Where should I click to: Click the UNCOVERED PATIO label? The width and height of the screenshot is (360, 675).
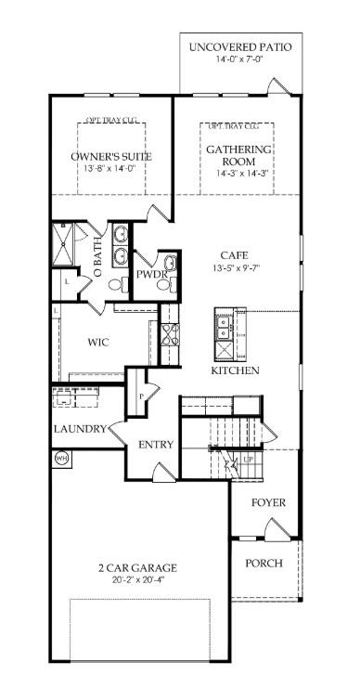pos(239,46)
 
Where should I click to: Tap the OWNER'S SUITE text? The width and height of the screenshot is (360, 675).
pos(111,156)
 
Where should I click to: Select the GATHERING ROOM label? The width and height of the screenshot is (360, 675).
pos(239,155)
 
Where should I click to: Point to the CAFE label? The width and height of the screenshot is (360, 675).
pos(232,255)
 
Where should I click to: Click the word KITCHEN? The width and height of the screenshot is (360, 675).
pos(235,370)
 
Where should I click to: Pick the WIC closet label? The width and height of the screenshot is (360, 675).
pos(98,342)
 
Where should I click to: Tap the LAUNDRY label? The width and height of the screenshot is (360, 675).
pos(79,429)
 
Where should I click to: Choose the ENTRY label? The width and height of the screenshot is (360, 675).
pos(156,445)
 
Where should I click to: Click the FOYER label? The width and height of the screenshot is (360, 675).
pos(269,503)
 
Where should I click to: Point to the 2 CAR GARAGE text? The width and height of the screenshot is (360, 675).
pos(137,567)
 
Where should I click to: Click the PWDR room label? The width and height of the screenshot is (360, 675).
pos(150,274)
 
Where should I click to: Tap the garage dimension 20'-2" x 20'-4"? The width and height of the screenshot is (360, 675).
pos(137,580)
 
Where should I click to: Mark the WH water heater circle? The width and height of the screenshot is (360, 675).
pos(62,458)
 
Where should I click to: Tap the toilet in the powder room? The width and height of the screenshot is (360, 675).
pos(164,286)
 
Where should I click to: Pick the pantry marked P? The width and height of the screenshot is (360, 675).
pos(140,395)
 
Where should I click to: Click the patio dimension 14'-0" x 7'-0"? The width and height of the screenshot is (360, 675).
pos(239,59)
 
